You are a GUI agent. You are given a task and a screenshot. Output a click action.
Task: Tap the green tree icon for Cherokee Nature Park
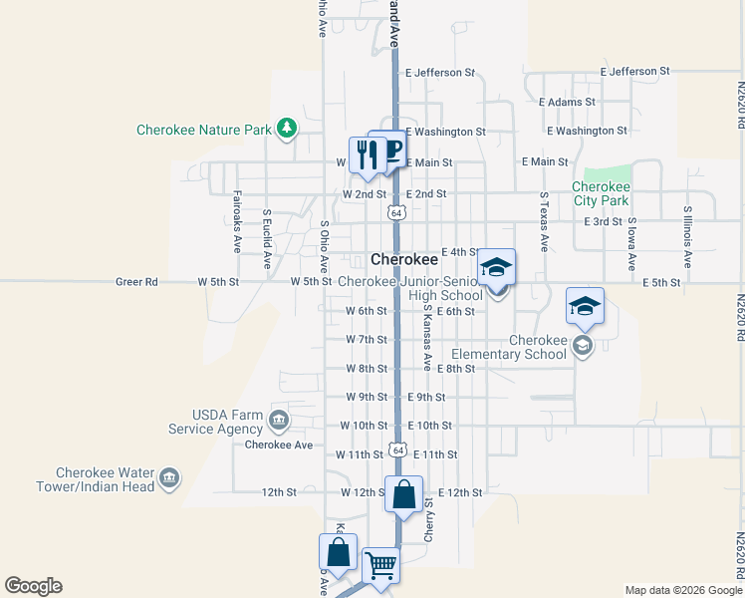(x=287, y=128)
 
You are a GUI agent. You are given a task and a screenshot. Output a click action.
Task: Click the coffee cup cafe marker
(x=389, y=149)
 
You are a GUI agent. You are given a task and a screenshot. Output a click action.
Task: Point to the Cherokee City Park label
(x=601, y=193)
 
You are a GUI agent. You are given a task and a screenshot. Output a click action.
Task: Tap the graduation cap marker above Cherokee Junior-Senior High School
(x=496, y=266)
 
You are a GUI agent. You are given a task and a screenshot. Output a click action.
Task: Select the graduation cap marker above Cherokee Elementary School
(x=585, y=306)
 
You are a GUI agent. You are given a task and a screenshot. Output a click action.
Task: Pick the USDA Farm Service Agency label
(x=213, y=422)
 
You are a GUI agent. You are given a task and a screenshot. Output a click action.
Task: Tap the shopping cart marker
(x=380, y=566)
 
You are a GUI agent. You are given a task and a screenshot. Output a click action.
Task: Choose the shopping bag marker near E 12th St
(x=403, y=493)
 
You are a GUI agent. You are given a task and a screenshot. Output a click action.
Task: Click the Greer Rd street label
(x=136, y=282)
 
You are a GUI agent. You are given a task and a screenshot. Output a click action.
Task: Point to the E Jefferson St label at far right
(x=635, y=72)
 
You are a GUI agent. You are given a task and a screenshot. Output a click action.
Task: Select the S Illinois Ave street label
(x=687, y=237)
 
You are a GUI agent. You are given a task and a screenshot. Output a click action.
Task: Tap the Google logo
(x=33, y=586)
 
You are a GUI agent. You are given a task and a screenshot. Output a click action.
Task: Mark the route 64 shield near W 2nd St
(x=396, y=212)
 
